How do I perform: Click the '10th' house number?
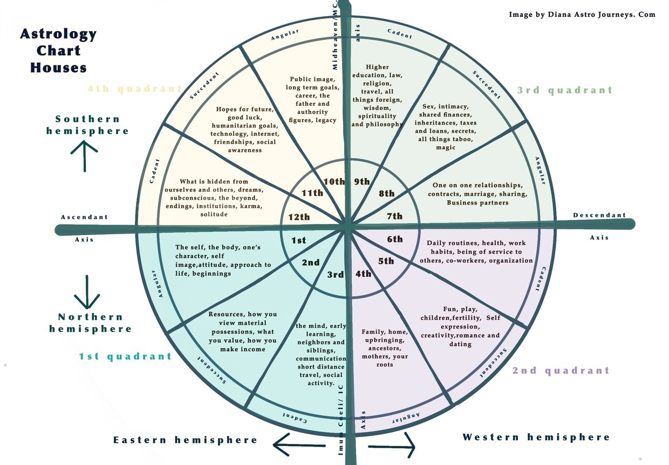[x=333, y=181]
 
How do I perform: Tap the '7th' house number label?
[x=395, y=216]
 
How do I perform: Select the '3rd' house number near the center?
[x=336, y=275]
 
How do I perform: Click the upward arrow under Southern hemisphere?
[x=85, y=155]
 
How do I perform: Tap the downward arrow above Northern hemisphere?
[x=87, y=292]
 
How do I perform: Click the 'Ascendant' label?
[x=84, y=217]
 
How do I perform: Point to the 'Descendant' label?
[x=599, y=215]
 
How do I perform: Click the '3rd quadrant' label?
[x=565, y=90]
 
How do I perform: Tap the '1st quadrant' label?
[x=125, y=356]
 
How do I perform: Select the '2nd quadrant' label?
[x=561, y=370]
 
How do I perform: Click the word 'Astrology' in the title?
[x=58, y=34]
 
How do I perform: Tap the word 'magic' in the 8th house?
[x=445, y=147]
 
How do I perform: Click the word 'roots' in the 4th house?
[x=385, y=365]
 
